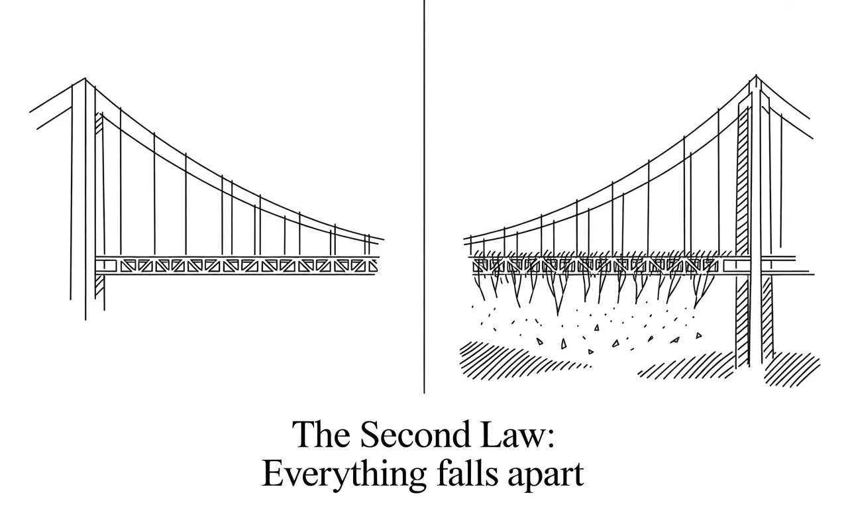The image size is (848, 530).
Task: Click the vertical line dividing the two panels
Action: pyautogui.click(x=424, y=199)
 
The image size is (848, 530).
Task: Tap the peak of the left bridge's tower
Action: pyautogui.click(x=85, y=79)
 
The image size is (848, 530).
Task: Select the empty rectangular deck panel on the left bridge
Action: pyautogui.click(x=106, y=266)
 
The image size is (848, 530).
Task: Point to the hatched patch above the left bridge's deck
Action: pyautogui.click(x=100, y=119)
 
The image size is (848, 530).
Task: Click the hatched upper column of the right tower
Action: pyautogui.click(x=743, y=179)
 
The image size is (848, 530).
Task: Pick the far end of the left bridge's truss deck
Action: pyautogui.click(x=376, y=265)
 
